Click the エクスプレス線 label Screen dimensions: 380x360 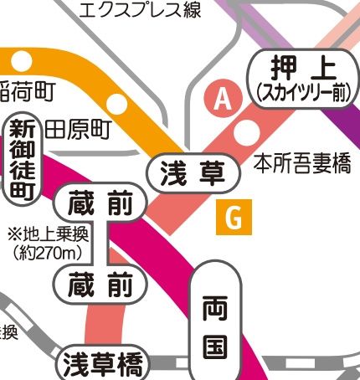152,10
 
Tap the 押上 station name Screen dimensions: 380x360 298,66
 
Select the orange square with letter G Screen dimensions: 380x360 234,219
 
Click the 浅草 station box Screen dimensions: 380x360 187,173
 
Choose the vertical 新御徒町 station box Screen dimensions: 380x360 22,159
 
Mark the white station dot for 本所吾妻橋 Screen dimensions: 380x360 245,133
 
